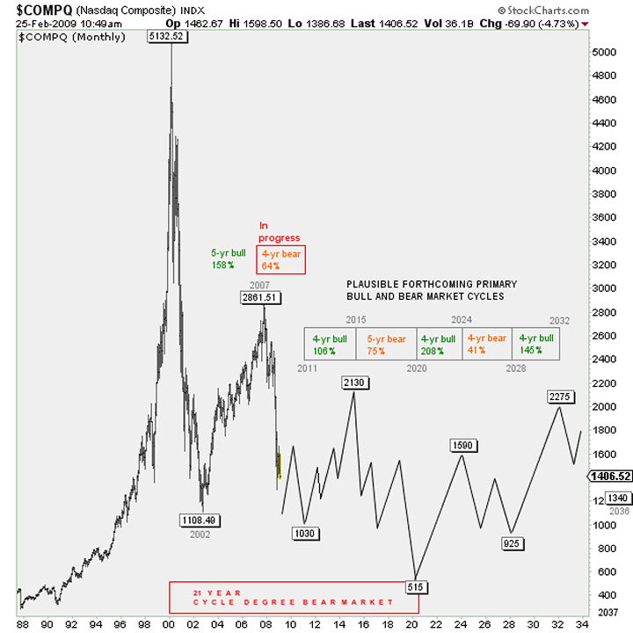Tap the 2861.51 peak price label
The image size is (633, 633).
click(260, 298)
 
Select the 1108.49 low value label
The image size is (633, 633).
click(199, 520)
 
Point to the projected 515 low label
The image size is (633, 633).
click(417, 586)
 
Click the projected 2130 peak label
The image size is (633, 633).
click(355, 382)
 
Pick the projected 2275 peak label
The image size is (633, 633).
click(561, 397)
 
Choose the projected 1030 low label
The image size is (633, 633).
click(304, 534)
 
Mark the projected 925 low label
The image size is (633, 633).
click(513, 543)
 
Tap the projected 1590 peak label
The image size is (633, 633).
click(463, 446)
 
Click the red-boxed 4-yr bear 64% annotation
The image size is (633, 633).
click(280, 260)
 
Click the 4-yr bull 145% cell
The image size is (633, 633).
click(535, 343)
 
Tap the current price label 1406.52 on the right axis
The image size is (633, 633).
click(608, 476)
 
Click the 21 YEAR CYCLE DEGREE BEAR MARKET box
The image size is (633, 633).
click(294, 597)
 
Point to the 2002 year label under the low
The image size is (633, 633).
click(200, 534)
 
